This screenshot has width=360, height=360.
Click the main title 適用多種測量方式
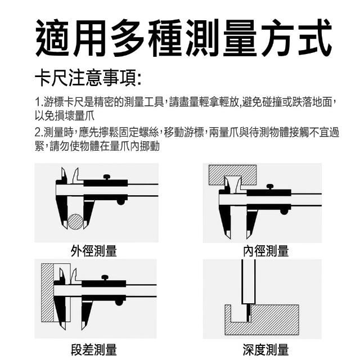click(x=183, y=38)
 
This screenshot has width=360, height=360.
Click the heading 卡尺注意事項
click(x=88, y=78)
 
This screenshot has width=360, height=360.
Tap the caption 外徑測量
click(x=94, y=251)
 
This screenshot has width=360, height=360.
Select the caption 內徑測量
click(x=265, y=251)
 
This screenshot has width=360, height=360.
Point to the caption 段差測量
click(x=94, y=350)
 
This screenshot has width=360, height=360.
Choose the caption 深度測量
click(x=265, y=350)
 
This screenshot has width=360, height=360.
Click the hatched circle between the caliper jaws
click(x=75, y=222)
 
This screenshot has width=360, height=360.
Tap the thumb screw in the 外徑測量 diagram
click(x=107, y=177)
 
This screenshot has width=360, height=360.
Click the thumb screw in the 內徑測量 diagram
click(x=270, y=187)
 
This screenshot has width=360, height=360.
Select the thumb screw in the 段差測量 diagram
click(x=105, y=278)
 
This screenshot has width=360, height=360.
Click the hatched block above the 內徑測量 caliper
click(x=232, y=175)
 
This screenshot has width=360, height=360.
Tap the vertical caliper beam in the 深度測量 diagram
click(x=249, y=282)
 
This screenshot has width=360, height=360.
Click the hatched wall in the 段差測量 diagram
click(x=47, y=292)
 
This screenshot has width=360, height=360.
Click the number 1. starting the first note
click(x=39, y=102)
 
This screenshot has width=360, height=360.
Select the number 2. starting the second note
click(x=39, y=133)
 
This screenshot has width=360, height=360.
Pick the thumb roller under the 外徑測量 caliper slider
click(x=121, y=202)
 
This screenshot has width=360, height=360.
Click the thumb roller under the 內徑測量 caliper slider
click(x=284, y=211)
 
